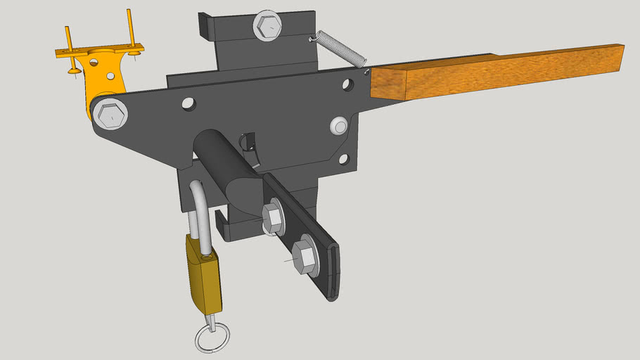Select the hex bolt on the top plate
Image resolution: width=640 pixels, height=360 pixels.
pos(268,27)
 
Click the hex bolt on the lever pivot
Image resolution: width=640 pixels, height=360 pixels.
pos(110,115)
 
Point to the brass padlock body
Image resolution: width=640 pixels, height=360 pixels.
pos(204,276)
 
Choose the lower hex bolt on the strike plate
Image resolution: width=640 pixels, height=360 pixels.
pos(305,255)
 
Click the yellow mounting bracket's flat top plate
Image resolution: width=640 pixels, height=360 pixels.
pos(98,51)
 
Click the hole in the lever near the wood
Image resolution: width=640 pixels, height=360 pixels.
pos(347,85)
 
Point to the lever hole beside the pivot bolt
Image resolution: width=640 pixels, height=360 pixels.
pos(188,103)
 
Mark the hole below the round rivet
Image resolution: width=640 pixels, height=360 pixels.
pos(343,159)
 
